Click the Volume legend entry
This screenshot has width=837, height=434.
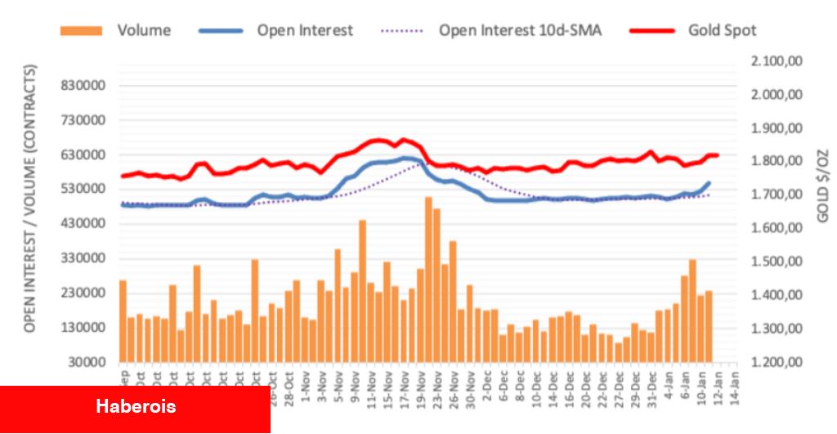(144, 31)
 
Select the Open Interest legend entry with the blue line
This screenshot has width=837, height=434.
(305, 31)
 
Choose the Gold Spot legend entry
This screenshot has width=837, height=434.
(722, 31)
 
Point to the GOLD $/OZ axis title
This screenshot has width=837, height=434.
(822, 186)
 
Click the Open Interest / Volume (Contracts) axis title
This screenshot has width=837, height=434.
(31, 199)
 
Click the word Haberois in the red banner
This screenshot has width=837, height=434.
(136, 406)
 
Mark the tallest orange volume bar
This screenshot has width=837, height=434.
(428, 278)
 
